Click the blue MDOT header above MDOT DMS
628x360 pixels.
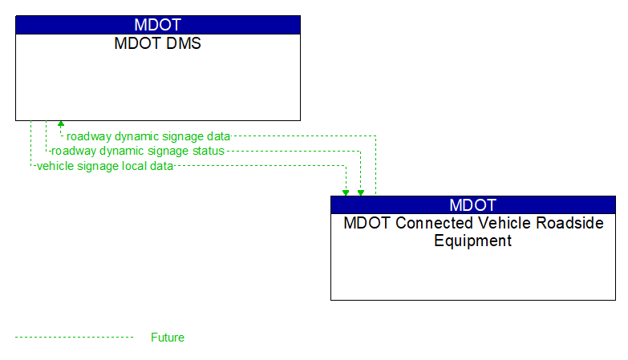click(158, 25)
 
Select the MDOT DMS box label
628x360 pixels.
click(158, 44)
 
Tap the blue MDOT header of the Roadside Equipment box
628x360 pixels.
click(473, 204)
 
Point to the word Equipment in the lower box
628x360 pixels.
click(473, 241)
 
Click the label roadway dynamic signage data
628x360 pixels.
click(148, 136)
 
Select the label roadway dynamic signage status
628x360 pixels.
click(138, 151)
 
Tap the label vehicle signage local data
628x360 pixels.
click(105, 166)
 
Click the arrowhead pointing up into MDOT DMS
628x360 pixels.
click(61, 124)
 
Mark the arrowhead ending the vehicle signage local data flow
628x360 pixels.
click(346, 192)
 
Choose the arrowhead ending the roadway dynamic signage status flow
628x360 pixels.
click(361, 192)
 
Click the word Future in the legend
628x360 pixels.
click(168, 338)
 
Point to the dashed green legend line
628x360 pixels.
click(74, 338)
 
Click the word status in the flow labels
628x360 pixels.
click(208, 151)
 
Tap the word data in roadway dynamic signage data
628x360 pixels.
click(218, 136)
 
